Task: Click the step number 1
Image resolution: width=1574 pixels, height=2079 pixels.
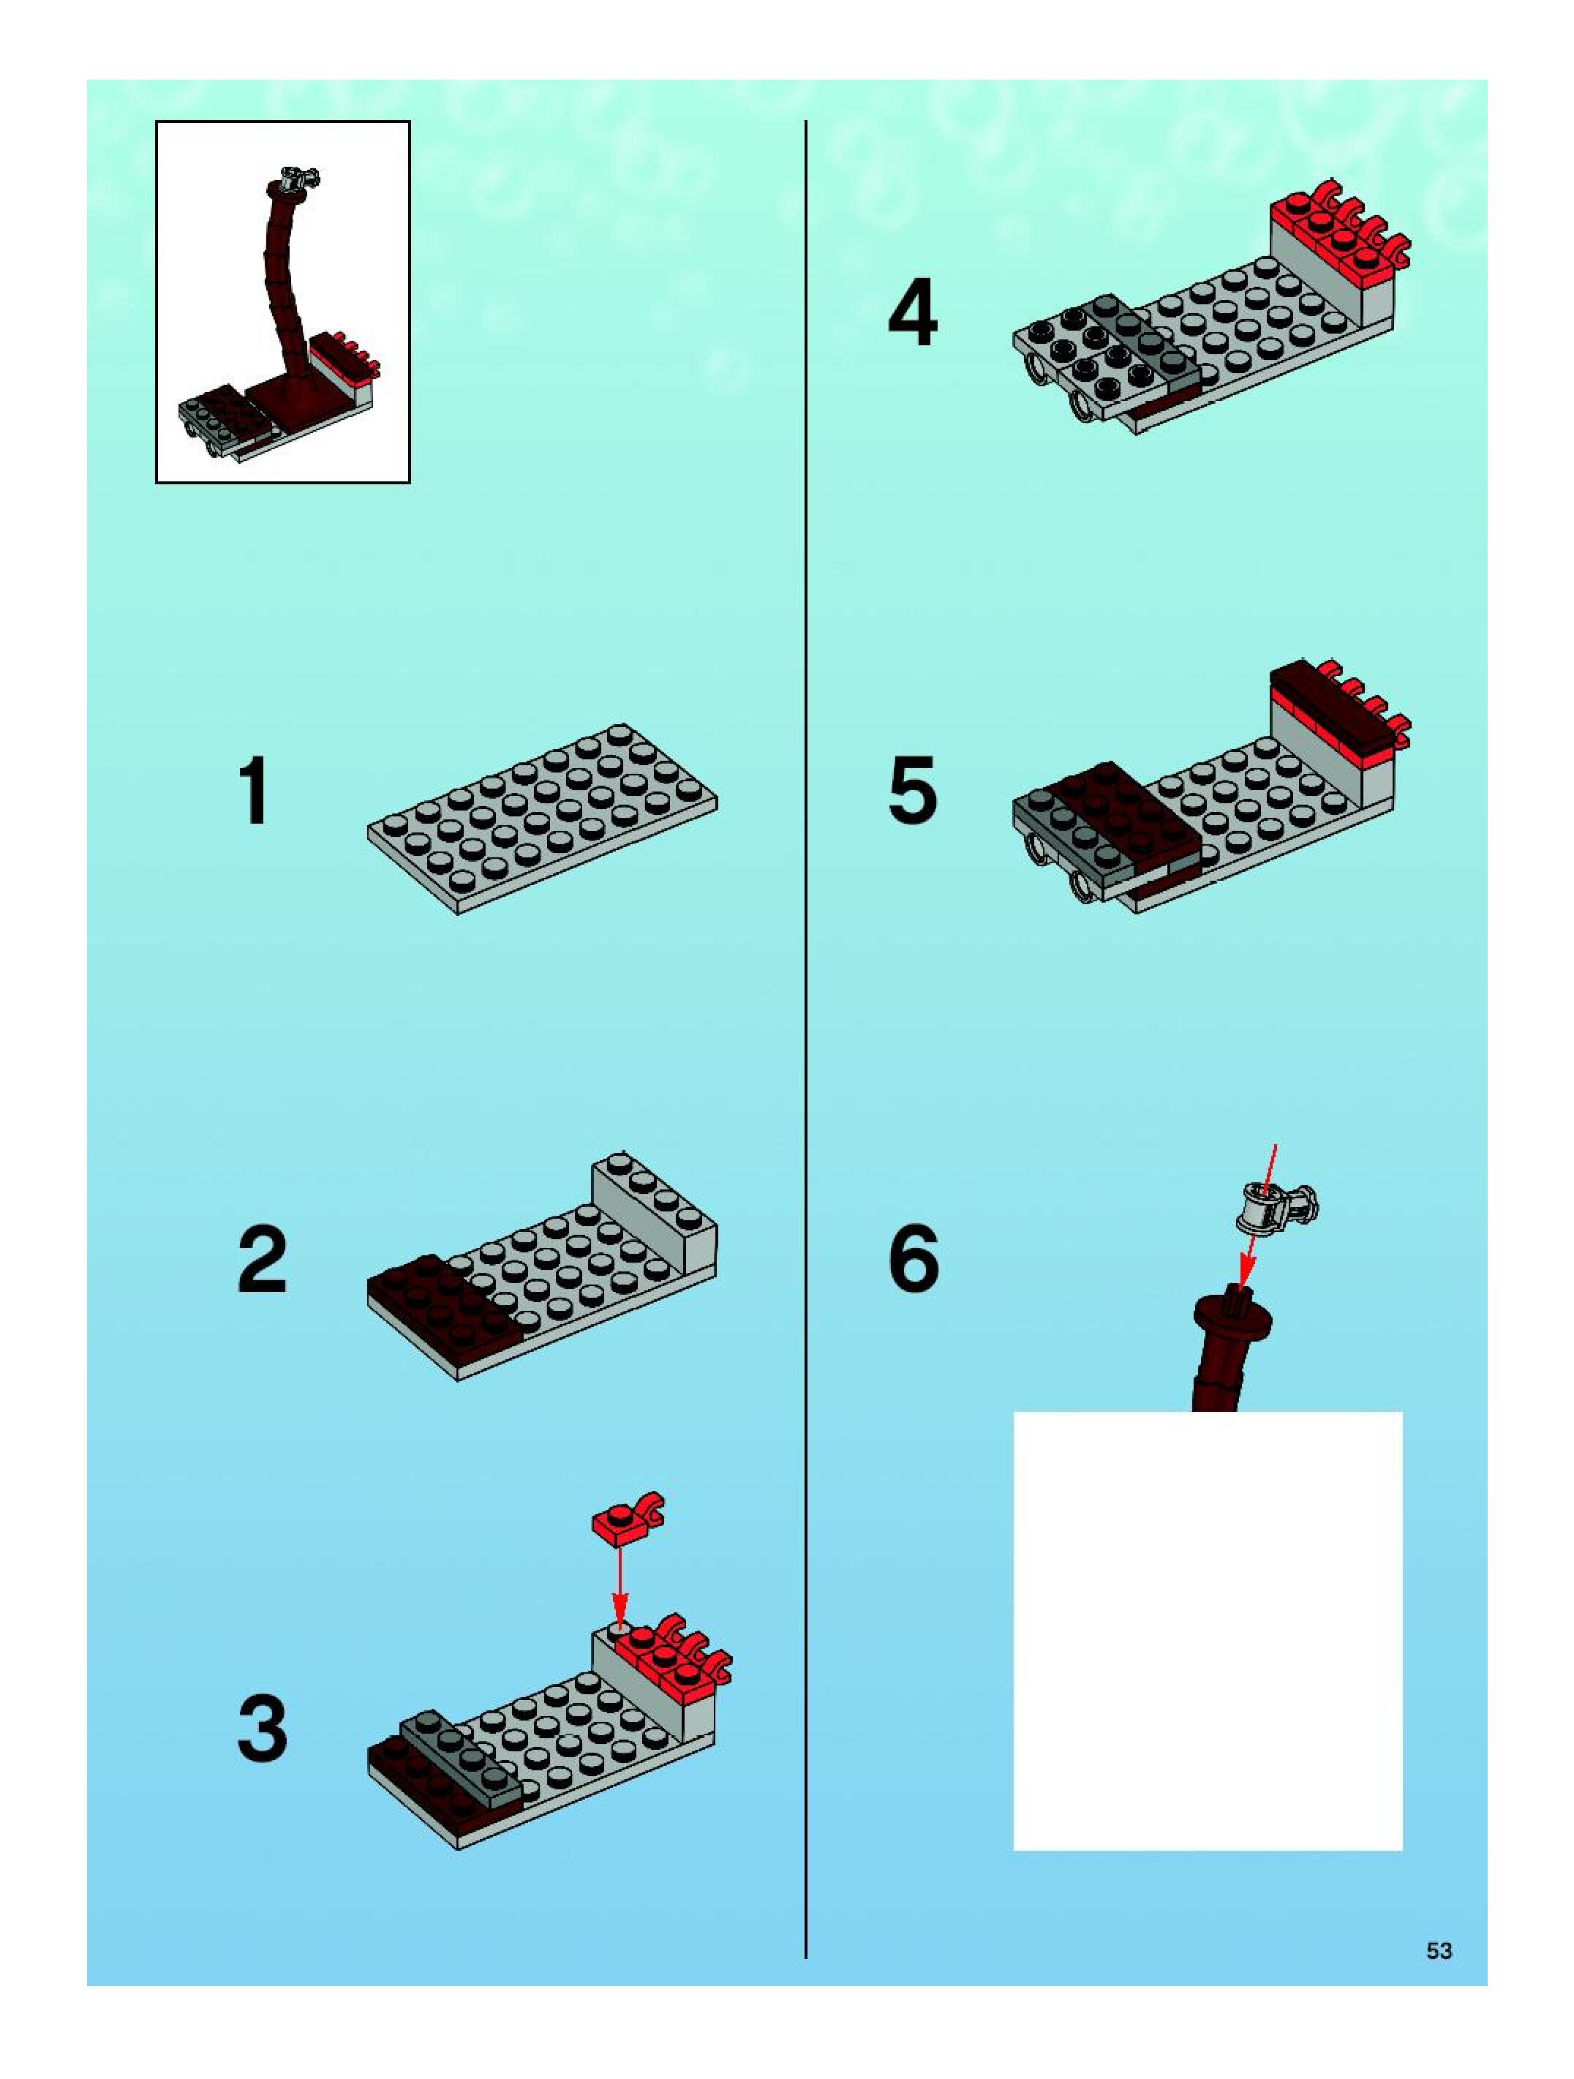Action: click(x=255, y=792)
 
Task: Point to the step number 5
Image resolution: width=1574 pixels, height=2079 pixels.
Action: click(x=913, y=792)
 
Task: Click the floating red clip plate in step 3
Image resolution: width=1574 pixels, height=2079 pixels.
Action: click(x=628, y=1518)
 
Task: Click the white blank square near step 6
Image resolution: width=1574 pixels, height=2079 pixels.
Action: click(x=1208, y=1631)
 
